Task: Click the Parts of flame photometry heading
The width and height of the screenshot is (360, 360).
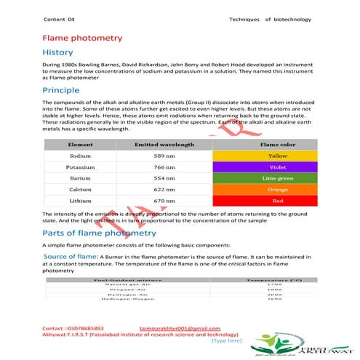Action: [x=99, y=233]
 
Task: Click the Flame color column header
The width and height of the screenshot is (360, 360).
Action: [x=277, y=145]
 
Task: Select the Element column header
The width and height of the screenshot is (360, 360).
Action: [x=80, y=145]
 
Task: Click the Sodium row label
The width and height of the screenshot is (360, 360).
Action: [x=80, y=156]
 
